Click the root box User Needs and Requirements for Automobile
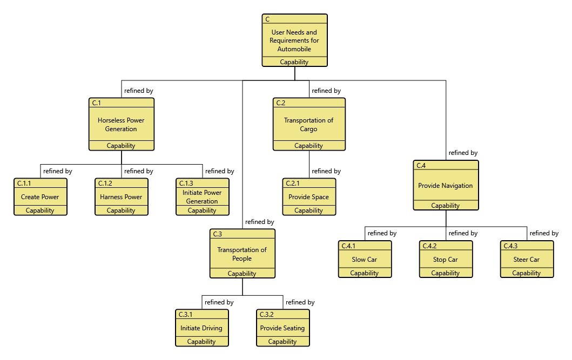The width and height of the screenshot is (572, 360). (x=294, y=40)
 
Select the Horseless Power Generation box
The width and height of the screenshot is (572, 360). (x=121, y=124)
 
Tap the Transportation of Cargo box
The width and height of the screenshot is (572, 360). (x=308, y=124)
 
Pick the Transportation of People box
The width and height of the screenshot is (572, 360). (x=242, y=254)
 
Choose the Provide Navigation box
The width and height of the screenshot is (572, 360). (x=446, y=186)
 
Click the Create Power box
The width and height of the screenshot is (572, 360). (x=40, y=197)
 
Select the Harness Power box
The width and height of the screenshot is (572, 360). (x=121, y=197)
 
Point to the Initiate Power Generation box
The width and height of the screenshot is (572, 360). (x=202, y=197)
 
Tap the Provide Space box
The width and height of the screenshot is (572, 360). (x=308, y=197)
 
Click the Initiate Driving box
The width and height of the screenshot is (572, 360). (x=201, y=328)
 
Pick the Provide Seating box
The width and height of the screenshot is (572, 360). (x=282, y=328)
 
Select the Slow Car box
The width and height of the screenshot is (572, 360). (x=365, y=260)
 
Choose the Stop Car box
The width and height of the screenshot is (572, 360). (x=446, y=260)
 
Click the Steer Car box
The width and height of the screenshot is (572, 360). (x=527, y=260)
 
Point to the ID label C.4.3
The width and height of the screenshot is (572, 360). (x=510, y=246)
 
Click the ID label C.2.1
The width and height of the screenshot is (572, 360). (x=292, y=184)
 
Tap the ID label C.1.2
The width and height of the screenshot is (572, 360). (x=105, y=184)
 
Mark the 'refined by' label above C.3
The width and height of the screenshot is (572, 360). (x=259, y=222)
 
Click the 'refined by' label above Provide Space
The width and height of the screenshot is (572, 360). (x=326, y=171)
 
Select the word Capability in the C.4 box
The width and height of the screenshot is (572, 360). (x=446, y=206)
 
